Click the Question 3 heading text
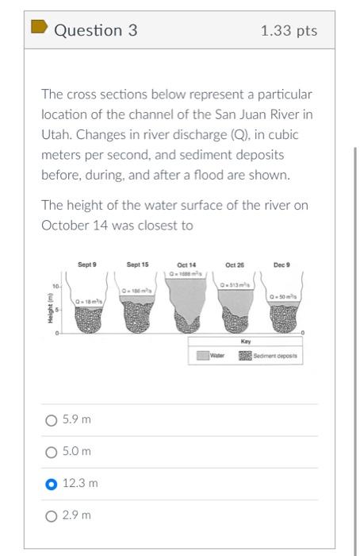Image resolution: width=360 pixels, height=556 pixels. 96,30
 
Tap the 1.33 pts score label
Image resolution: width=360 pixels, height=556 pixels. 289,31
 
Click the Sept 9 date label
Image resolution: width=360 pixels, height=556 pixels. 87,264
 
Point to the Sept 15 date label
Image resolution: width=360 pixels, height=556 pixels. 137,264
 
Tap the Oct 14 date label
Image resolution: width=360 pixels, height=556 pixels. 186,264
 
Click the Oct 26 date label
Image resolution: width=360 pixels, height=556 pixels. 235,264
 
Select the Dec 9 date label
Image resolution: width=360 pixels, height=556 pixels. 282,264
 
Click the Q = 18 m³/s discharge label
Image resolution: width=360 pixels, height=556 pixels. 87,302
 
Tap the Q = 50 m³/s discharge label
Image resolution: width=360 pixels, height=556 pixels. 283,295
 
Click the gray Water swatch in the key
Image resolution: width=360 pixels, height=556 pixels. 201,356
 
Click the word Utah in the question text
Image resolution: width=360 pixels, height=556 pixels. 56,135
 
